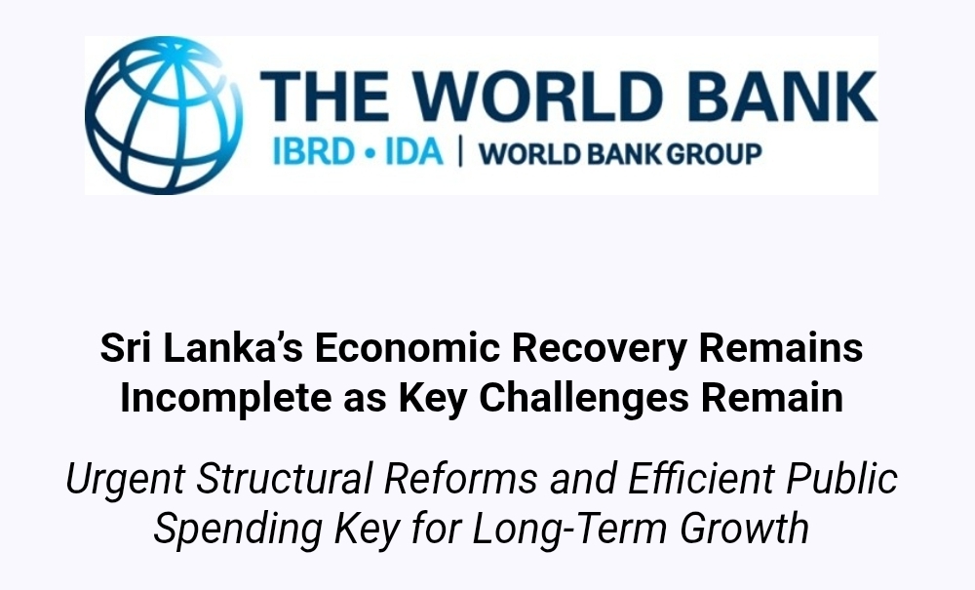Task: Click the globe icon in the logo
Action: click(164, 115)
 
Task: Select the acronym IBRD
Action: click(313, 152)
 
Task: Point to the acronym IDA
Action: click(414, 152)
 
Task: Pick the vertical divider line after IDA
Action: click(461, 152)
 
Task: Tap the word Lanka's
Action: click(233, 347)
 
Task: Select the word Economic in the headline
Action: click(408, 347)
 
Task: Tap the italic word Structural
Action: click(284, 478)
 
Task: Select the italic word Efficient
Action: click(701, 478)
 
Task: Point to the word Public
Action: click(842, 478)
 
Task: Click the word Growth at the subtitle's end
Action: click(744, 529)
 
